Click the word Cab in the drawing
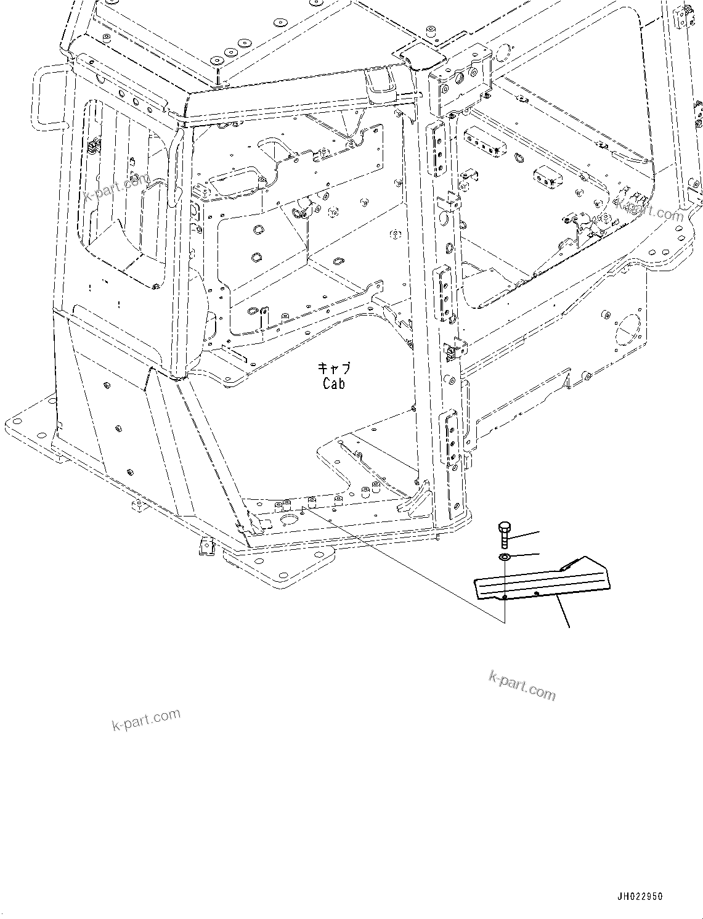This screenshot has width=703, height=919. coord(333,383)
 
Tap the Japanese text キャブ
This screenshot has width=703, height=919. coord(334,369)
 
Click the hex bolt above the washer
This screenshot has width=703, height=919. coord(504,534)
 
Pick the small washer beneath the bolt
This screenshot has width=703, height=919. coord(504,558)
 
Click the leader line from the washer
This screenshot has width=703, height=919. coord(525,555)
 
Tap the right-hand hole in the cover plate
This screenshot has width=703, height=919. coord(537,593)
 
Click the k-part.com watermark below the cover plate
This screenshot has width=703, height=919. coord(521,685)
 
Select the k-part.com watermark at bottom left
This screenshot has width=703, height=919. coord(146,719)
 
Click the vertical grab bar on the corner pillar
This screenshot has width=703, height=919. coord(177,163)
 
